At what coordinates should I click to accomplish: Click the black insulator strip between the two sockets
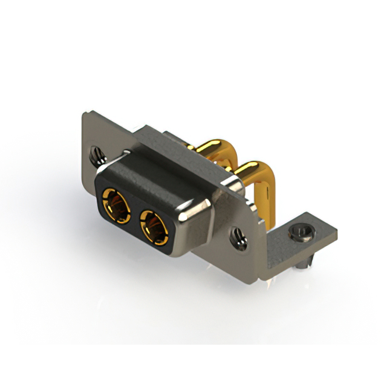pos(136,215)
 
